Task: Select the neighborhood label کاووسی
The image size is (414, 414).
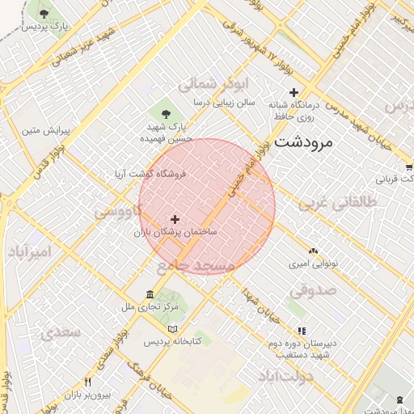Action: [118, 211]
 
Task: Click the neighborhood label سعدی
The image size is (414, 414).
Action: [62, 332]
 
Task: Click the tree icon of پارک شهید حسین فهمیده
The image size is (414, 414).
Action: [167, 111]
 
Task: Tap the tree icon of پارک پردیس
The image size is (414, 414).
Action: [44, 14]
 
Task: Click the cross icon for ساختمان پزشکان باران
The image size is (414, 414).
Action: [175, 219]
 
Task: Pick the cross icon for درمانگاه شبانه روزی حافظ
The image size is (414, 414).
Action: [294, 92]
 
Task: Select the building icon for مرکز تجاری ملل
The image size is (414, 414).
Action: [150, 294]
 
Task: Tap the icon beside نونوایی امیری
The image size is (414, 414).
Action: [313, 251]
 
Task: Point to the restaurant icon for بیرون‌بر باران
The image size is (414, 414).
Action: [88, 382]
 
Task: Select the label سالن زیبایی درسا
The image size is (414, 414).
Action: [224, 103]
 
